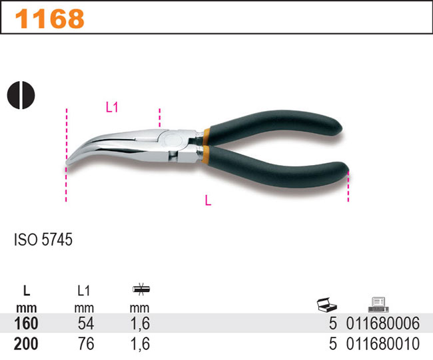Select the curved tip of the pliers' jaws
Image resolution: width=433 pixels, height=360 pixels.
click(72, 161)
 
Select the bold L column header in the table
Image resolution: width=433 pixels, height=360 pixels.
click(26, 290)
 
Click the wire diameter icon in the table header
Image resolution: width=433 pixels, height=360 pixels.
click(141, 289)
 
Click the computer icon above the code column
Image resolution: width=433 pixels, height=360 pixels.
click(376, 305)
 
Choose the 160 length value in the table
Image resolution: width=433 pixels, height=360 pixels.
click(27, 323)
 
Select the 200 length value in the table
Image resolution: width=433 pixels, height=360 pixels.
click(27, 344)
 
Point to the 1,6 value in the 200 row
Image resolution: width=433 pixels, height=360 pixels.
click(141, 344)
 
